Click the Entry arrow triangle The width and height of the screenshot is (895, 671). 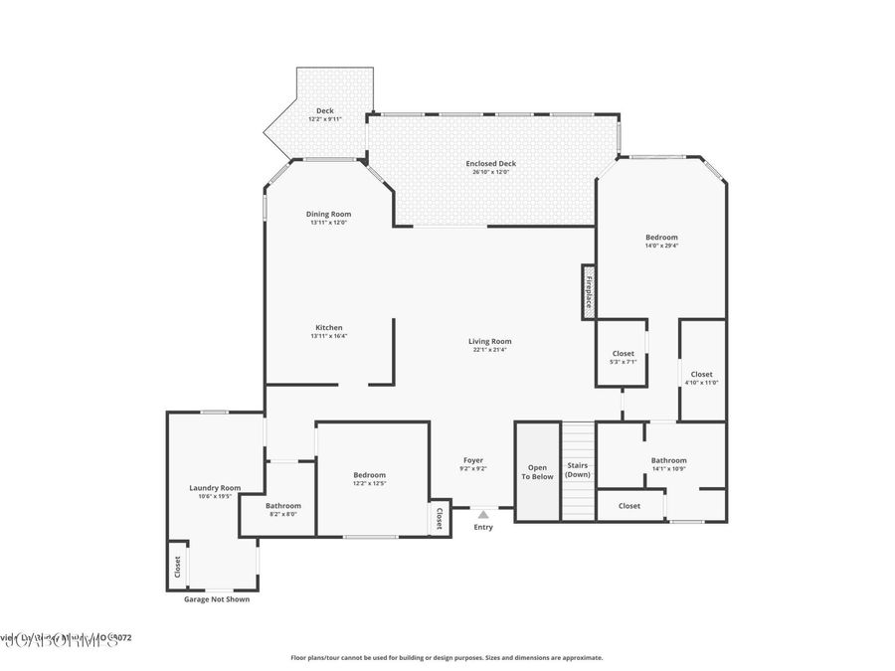pos(483,514)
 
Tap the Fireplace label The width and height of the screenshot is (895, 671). pos(589,292)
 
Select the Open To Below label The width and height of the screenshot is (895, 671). pos(538,471)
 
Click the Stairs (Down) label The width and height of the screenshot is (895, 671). pos(578,469)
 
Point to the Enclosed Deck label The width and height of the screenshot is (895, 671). pos(491,163)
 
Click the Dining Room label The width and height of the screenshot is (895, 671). pos(328,214)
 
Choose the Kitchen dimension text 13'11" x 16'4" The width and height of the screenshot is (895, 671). pos(329,336)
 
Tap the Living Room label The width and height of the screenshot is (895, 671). pos(489,341)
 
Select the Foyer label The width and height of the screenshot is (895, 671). pos(473,460)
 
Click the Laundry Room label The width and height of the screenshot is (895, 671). pos(215,487)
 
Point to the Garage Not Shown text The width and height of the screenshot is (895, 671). pos(217,599)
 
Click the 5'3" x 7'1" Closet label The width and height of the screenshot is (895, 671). pos(623,353)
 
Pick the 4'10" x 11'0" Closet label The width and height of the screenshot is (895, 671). pos(701,374)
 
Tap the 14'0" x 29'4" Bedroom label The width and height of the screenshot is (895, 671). pos(661,237)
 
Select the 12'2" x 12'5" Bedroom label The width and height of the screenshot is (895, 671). pos(370,475)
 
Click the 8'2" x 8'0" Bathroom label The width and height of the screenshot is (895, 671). pos(282,506)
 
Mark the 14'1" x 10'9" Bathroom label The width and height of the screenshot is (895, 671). pos(668,460)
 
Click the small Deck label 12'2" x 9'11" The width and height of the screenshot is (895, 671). pos(324,110)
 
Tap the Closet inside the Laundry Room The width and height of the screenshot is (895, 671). pos(178,566)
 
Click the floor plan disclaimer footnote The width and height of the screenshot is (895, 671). pos(447,657)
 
